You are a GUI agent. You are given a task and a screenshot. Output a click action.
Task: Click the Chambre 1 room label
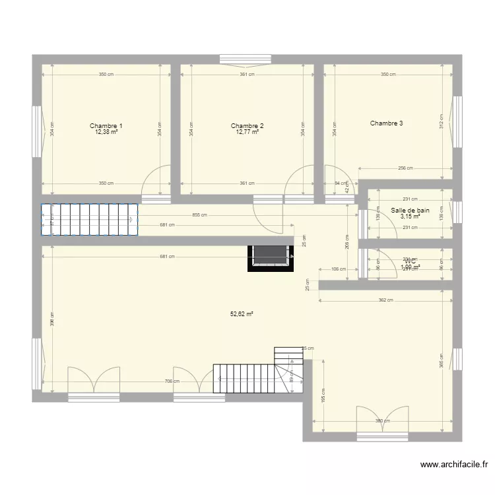[x=106, y=125]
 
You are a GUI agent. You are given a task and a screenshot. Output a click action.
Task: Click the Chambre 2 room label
[x=247, y=125]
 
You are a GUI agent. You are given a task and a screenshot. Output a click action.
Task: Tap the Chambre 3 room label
[x=386, y=123]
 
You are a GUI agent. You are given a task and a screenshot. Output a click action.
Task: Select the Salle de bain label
[x=410, y=211]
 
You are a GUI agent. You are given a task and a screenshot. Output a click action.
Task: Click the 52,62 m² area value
[x=242, y=314]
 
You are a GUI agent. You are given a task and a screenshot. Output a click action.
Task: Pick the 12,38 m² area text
[x=106, y=132]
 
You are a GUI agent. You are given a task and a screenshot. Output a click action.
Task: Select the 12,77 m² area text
[x=247, y=132]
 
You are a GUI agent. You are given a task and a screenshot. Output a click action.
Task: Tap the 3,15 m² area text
[x=410, y=216]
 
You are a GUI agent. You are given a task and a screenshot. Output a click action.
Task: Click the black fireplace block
[x=271, y=257]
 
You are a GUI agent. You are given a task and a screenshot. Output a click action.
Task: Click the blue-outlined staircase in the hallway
[x=89, y=220]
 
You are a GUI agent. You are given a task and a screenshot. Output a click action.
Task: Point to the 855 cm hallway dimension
[x=199, y=215]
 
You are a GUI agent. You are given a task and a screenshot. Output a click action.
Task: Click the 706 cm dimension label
[x=172, y=381]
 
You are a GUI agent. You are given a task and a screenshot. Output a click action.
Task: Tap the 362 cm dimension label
[x=385, y=301]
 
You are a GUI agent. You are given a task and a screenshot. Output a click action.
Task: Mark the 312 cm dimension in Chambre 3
[x=441, y=121]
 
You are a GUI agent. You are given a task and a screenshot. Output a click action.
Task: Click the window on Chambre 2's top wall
[x=246, y=59]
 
